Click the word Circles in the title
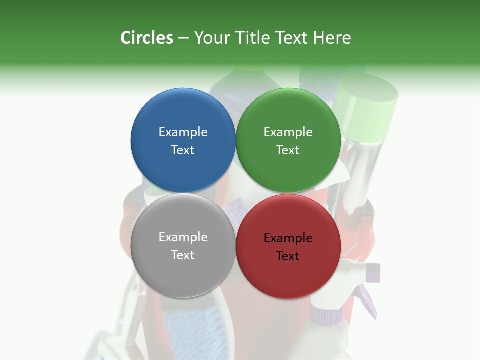click(147, 38)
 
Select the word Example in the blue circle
click(183, 132)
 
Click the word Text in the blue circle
click(183, 150)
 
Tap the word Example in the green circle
click(288, 132)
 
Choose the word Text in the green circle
click(288, 150)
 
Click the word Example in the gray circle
click(183, 237)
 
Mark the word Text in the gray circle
click(183, 255)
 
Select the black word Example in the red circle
click(288, 238)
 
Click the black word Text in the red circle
click(288, 256)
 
